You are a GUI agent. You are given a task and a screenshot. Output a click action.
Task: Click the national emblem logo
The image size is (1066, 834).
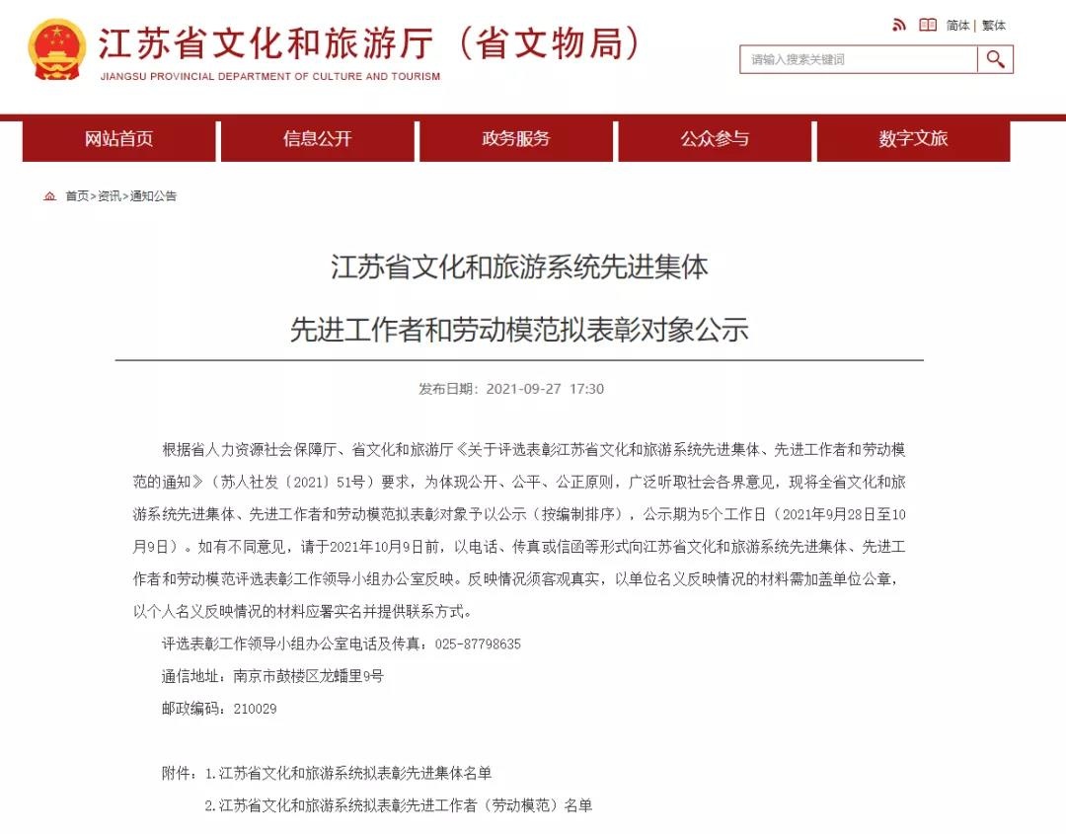(x=57, y=49)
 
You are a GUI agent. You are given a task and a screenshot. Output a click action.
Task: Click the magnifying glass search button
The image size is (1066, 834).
(x=995, y=59)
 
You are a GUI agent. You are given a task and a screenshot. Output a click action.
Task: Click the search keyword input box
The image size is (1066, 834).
(x=858, y=59)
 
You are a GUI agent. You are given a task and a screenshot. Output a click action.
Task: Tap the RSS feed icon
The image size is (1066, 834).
(x=899, y=25)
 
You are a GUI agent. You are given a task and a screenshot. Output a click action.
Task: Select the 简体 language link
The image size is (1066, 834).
(x=957, y=26)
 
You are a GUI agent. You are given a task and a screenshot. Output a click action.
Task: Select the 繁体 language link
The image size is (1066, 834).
(x=993, y=26)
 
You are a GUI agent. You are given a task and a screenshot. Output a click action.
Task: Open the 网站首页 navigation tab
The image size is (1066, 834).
(x=118, y=139)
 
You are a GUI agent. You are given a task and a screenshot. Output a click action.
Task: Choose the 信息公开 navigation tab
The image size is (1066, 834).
(x=317, y=139)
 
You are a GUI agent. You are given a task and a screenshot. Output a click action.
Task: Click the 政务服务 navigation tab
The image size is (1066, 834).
(x=515, y=139)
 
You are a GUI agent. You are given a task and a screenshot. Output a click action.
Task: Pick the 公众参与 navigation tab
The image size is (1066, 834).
(x=715, y=139)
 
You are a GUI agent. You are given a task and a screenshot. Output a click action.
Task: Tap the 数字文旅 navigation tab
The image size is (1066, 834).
(x=913, y=139)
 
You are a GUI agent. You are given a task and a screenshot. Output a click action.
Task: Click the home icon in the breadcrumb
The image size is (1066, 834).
(x=50, y=196)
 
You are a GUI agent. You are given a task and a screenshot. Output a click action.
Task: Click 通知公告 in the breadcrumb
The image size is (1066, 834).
(x=154, y=196)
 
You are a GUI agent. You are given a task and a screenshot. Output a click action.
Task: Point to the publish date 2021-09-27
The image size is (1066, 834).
(x=523, y=389)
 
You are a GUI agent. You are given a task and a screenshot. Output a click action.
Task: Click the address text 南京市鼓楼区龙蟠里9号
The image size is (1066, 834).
(x=308, y=676)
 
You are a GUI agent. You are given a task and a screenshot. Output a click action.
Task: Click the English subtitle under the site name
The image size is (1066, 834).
(x=270, y=76)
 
